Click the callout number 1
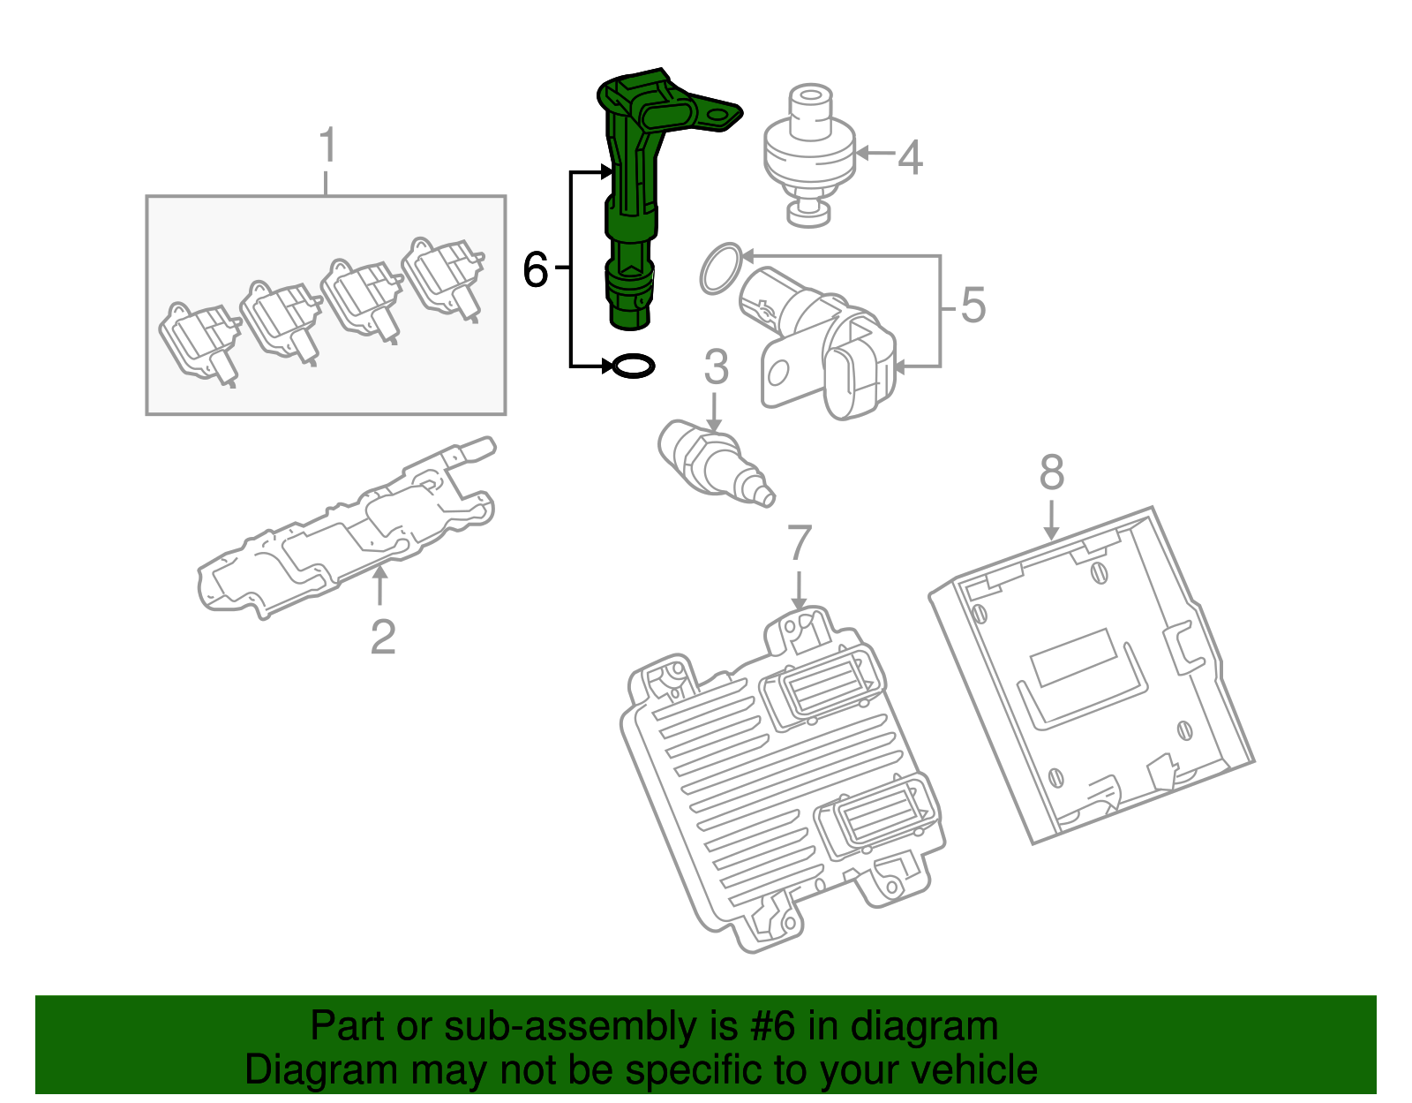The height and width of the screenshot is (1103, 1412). (x=327, y=146)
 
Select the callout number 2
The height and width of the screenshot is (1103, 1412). (x=382, y=637)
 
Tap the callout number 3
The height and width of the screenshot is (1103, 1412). (x=716, y=367)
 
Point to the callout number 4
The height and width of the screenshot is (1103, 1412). (x=910, y=157)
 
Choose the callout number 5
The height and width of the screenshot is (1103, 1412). (x=972, y=306)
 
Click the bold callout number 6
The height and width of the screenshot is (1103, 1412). (x=536, y=269)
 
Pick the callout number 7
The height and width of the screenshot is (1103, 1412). (x=799, y=543)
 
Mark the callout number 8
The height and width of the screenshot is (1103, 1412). (x=1051, y=473)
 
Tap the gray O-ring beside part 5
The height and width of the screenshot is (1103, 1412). (x=721, y=268)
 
